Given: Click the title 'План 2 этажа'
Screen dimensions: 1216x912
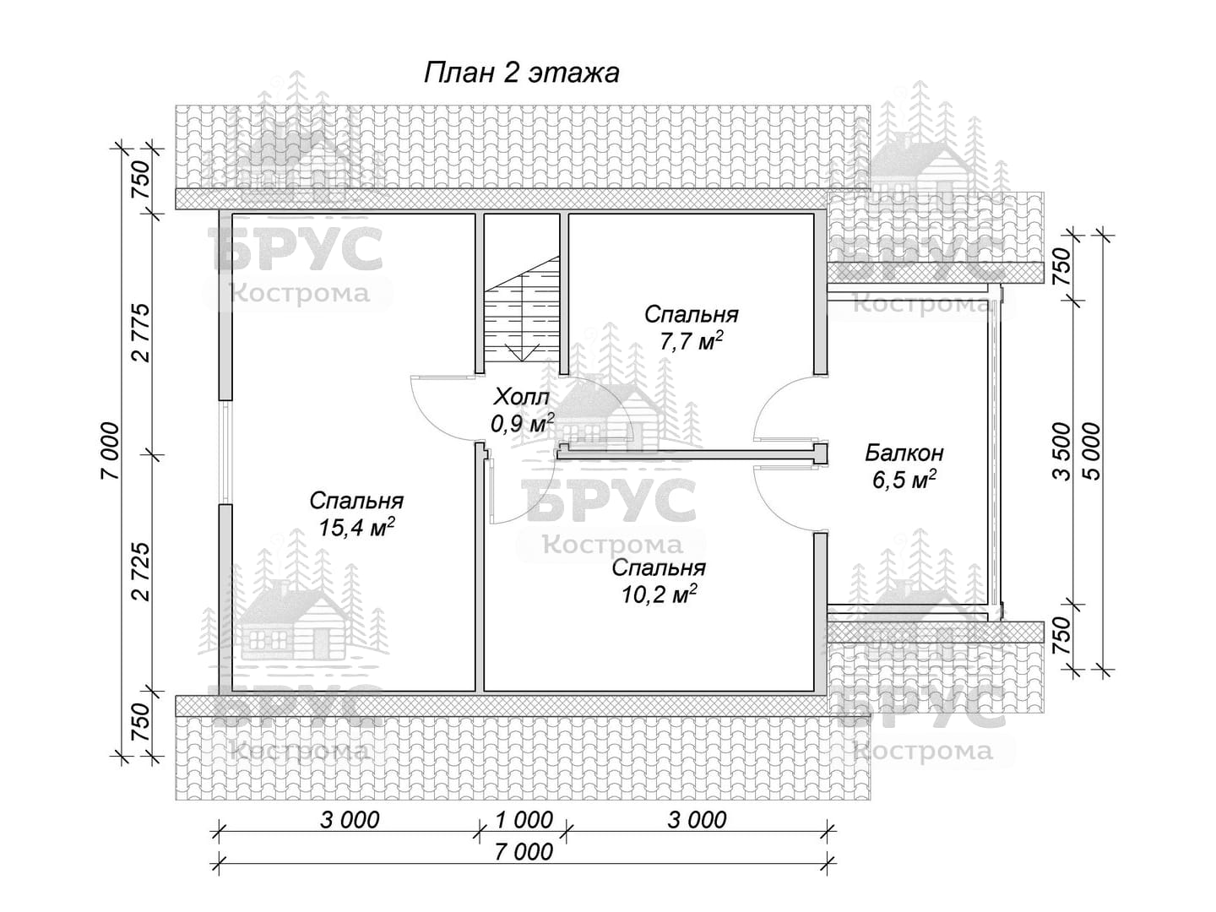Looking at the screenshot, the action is click(521, 73).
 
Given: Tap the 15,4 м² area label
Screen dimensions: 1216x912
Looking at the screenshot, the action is click(356, 527).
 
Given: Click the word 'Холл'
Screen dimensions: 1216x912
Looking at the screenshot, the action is click(522, 397).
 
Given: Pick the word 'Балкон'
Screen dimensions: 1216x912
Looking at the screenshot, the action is click(904, 453).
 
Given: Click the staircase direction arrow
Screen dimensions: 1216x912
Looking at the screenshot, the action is click(521, 353).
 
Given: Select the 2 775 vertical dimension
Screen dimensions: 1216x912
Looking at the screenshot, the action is click(142, 333).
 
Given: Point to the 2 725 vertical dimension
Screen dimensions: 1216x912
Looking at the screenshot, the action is click(142, 572).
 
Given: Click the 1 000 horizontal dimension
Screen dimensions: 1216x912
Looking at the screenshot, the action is click(524, 820).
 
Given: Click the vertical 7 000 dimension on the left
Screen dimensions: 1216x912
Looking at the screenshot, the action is click(111, 451).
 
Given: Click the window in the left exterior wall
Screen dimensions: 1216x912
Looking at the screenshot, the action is click(225, 452).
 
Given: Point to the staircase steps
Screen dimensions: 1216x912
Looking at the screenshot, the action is click(521, 309).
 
